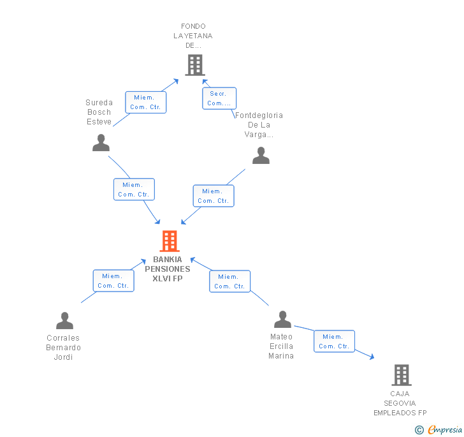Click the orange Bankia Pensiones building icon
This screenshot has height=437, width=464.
[x=170, y=241]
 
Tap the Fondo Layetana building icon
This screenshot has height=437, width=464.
[x=195, y=65]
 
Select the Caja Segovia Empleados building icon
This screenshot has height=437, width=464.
[x=402, y=374]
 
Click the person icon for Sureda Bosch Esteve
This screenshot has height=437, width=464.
[x=101, y=142]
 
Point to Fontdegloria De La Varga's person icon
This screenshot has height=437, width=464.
[x=261, y=155]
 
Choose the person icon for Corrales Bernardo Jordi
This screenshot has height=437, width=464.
[x=64, y=320]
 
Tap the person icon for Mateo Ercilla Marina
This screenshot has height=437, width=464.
[x=282, y=319]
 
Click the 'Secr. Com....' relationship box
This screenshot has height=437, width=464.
[x=219, y=98]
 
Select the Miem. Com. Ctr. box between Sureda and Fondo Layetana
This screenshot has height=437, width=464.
[x=145, y=102]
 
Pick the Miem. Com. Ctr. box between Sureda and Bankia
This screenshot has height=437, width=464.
[x=134, y=189]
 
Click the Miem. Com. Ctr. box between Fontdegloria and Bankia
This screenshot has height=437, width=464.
[x=214, y=196]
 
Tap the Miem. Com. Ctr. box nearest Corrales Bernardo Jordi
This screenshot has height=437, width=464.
[x=113, y=281]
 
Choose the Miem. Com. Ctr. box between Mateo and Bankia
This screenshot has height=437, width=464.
[x=230, y=281]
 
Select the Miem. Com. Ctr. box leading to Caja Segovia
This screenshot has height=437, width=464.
[x=334, y=341]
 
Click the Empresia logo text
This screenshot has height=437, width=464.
[x=445, y=429]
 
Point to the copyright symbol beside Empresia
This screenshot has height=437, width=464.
[x=419, y=429]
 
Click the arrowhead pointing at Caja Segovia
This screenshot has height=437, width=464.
[x=372, y=357]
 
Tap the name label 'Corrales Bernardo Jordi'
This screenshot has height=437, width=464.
[x=63, y=347]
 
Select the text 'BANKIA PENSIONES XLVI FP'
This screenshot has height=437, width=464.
[x=168, y=269]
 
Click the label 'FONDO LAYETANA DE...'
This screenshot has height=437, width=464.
[x=193, y=36]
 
